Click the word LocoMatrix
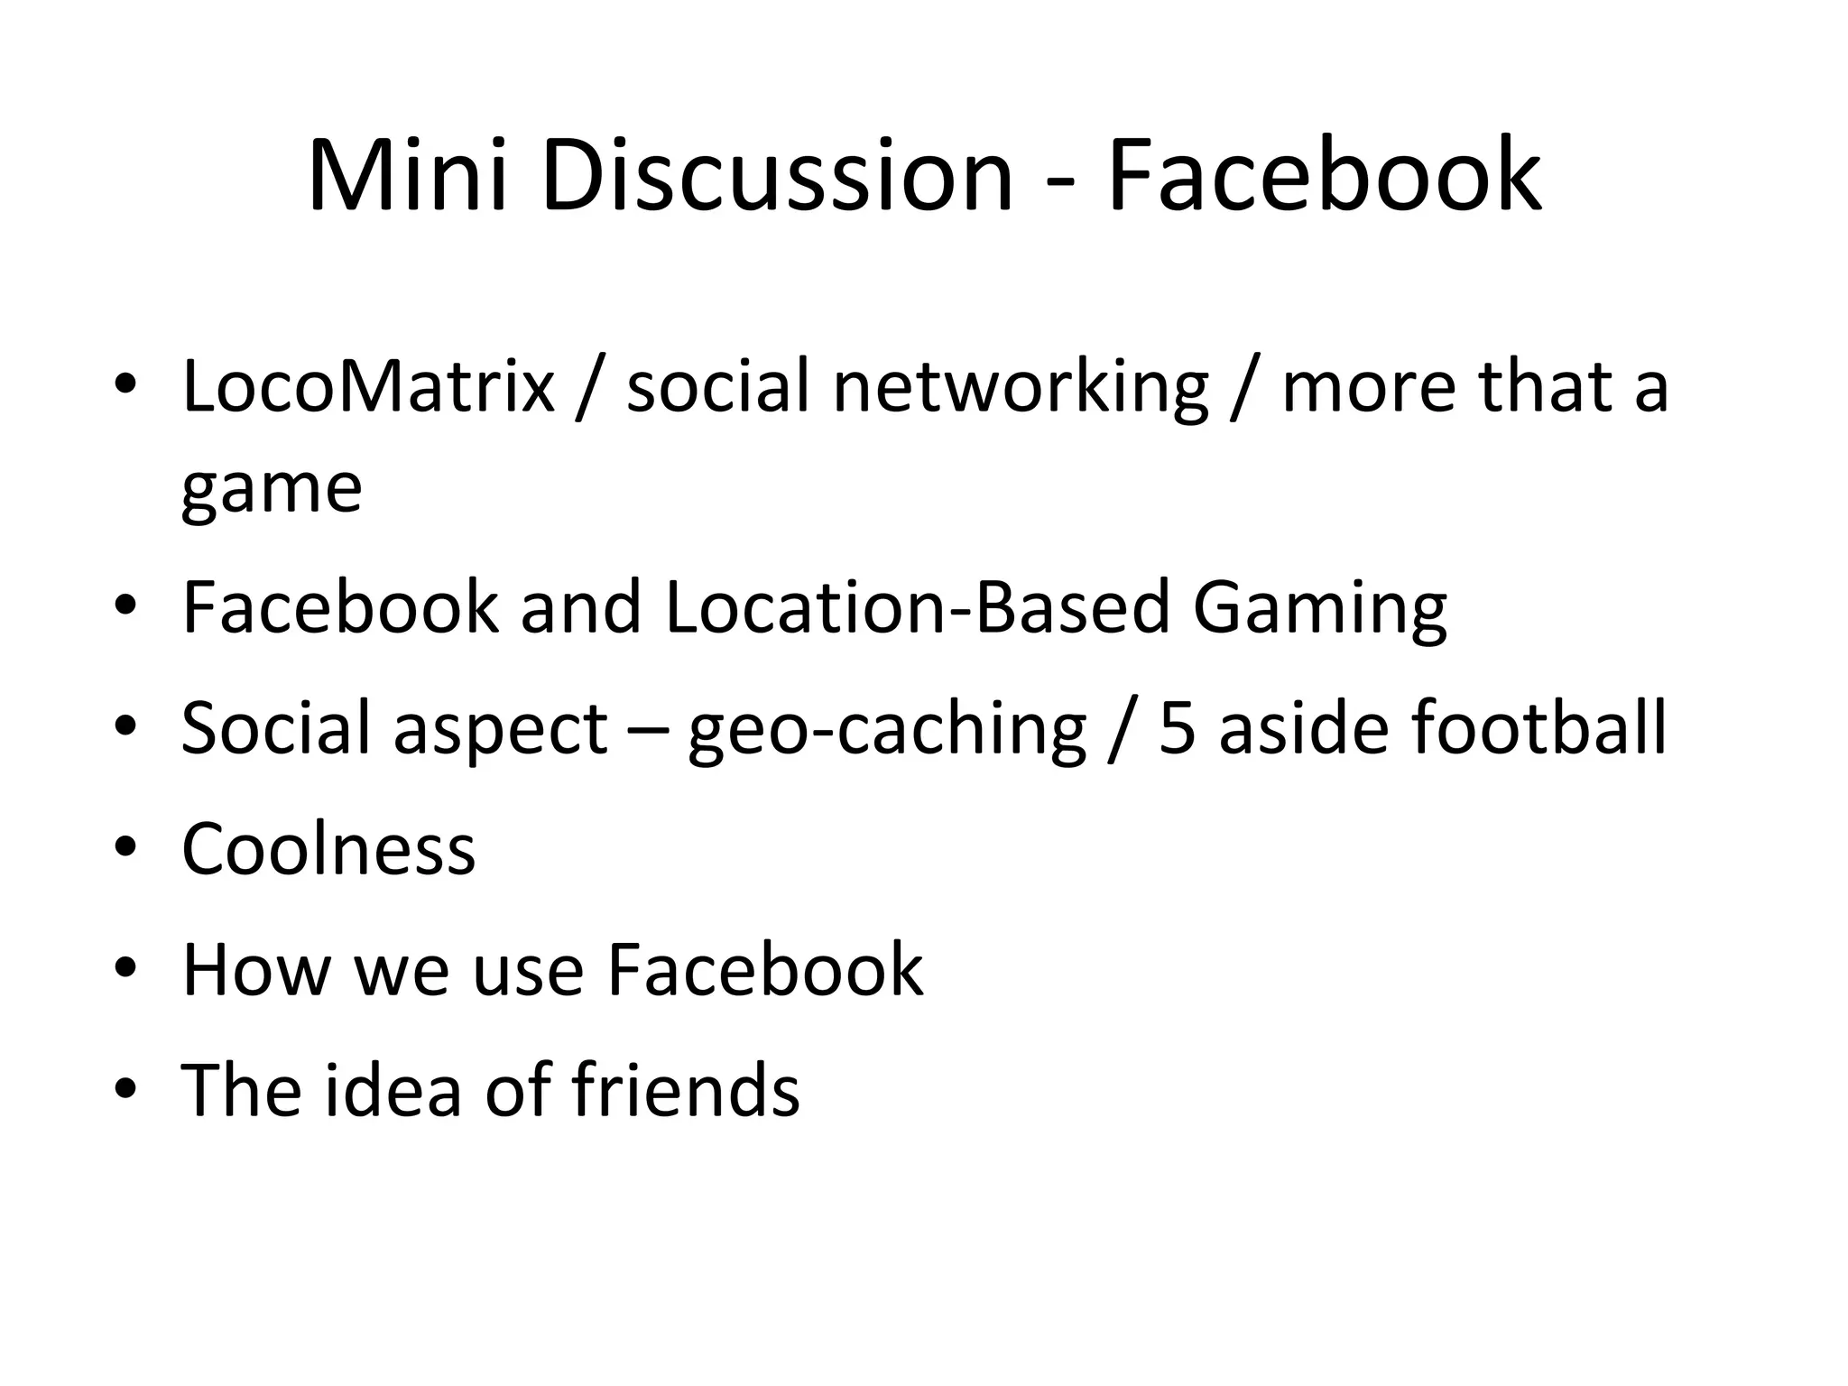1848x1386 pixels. (368, 386)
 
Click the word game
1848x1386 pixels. (272, 491)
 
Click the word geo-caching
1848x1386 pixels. (887, 730)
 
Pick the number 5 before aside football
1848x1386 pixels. (1176, 728)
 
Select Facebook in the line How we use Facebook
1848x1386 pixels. (765, 970)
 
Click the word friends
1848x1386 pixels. (685, 1090)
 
